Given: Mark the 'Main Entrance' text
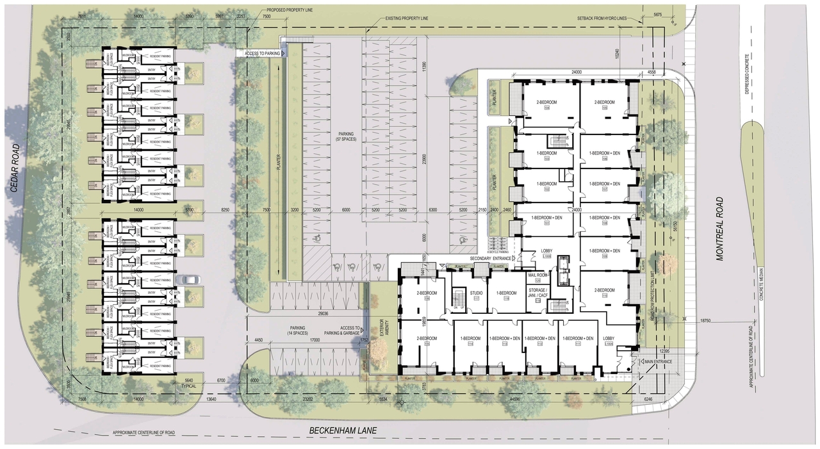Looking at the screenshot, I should coord(658,362).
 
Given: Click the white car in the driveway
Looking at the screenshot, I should coord(190,279).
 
